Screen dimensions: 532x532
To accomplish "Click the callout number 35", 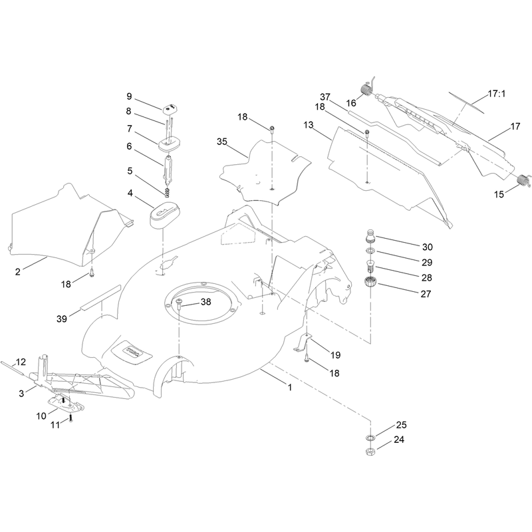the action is pyautogui.click(x=222, y=142).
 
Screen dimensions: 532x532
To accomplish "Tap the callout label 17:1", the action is pyautogui.click(x=496, y=94).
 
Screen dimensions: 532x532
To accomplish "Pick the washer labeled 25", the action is pyautogui.click(x=370, y=438).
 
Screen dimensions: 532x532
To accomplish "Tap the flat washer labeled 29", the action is pyautogui.click(x=370, y=251).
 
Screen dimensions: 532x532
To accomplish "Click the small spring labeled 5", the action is pyautogui.click(x=167, y=192).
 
